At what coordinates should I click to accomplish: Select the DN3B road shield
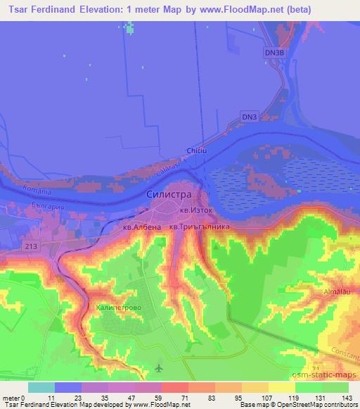click(276, 53)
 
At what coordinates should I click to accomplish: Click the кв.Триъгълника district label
click(200, 228)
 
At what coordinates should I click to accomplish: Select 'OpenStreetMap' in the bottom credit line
click(289, 405)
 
